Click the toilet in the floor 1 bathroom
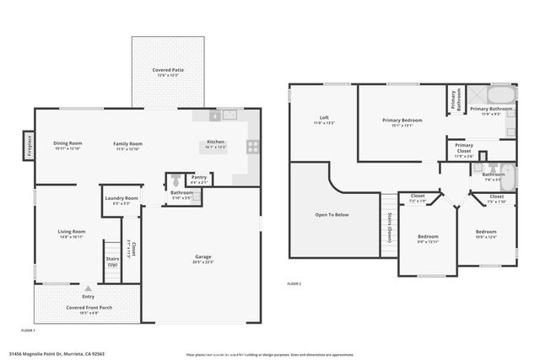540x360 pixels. pyautogui.click(x=175, y=180)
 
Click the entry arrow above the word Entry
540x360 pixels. pyautogui.click(x=89, y=288)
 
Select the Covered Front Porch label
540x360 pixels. pyautogui.click(x=89, y=308)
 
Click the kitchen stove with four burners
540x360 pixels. pyautogui.click(x=251, y=146)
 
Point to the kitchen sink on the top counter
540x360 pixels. pyautogui.click(x=216, y=116)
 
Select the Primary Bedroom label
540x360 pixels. pyautogui.click(x=402, y=121)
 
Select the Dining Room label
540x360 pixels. pyautogui.click(x=67, y=143)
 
